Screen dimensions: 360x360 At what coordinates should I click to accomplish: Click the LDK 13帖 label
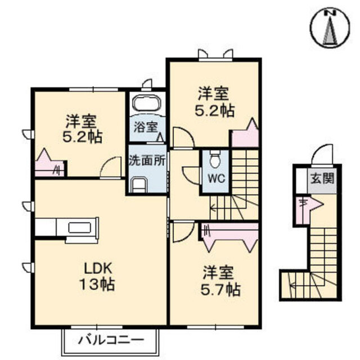[96, 276]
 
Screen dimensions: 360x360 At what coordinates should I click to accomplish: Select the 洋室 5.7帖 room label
[221, 281]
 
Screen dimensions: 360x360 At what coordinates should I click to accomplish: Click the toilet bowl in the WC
[214, 161]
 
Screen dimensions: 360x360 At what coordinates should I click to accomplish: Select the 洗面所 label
[147, 160]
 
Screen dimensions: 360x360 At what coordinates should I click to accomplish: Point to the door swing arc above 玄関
[322, 154]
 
